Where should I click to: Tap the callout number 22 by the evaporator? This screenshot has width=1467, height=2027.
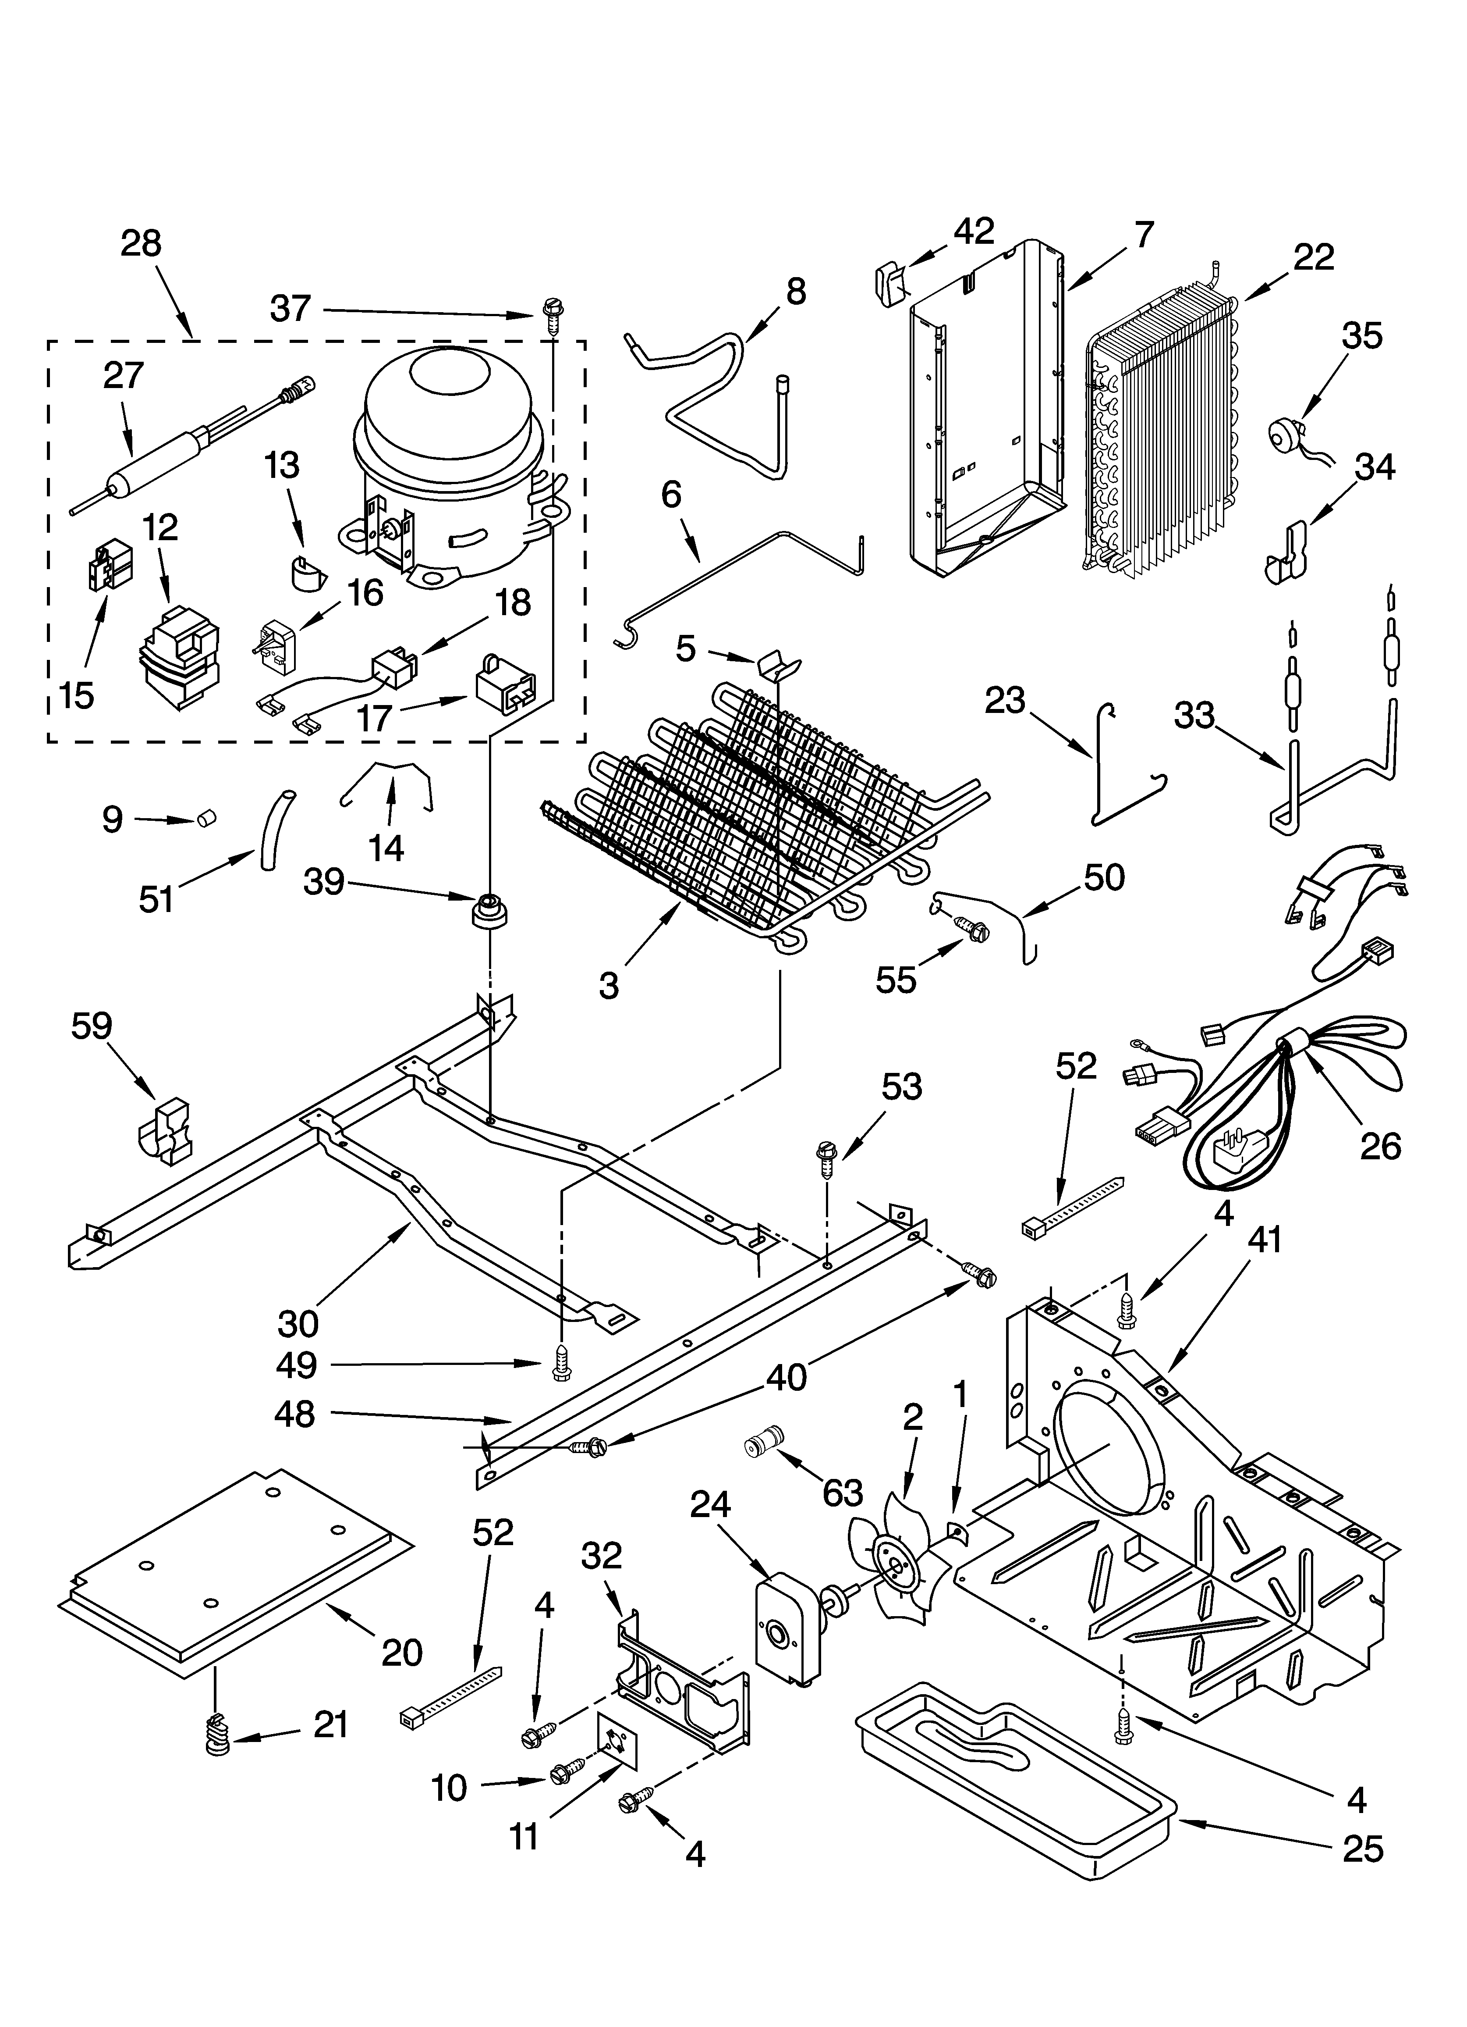pos(1313,257)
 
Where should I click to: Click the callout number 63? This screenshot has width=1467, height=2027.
pos(843,1491)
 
